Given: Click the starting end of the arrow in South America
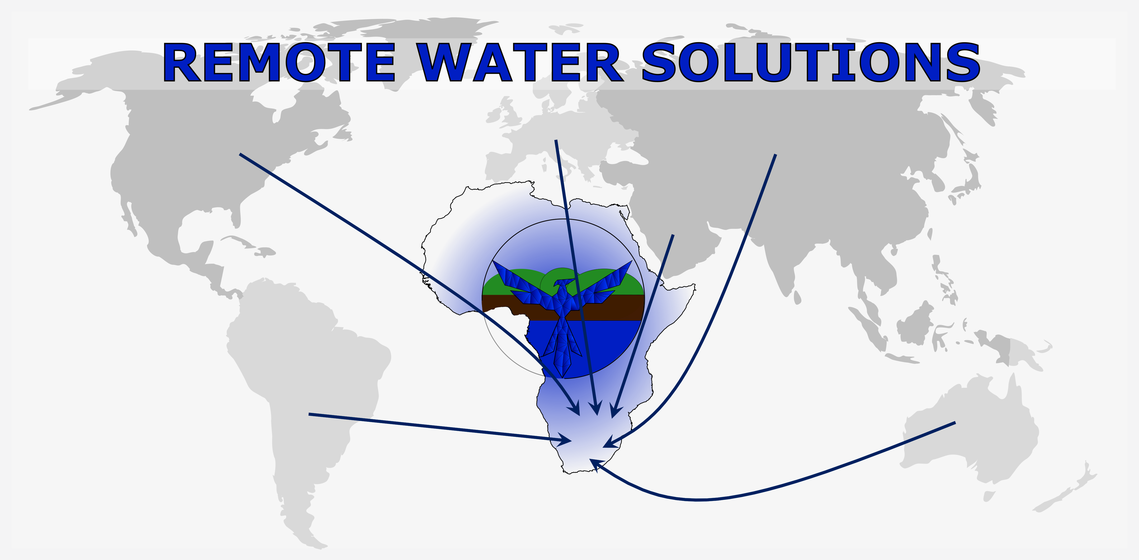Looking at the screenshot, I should point(310,414).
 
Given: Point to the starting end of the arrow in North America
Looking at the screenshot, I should point(240,154).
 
